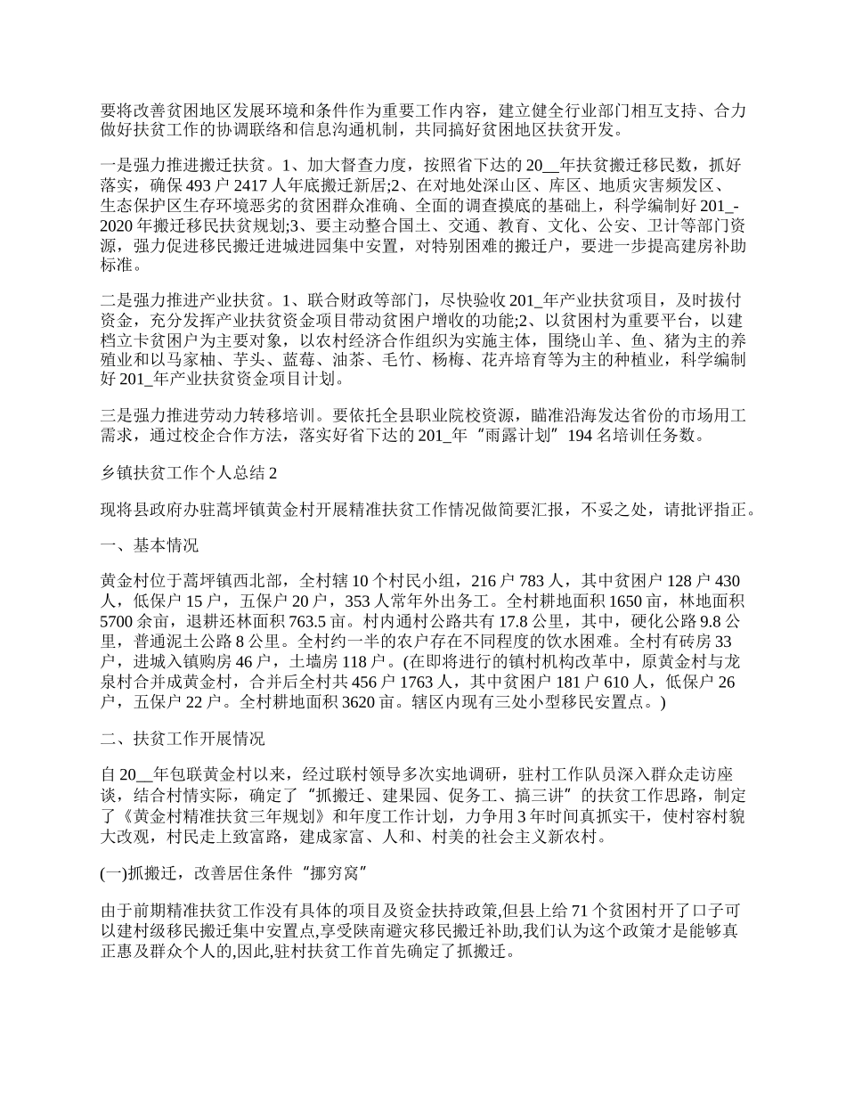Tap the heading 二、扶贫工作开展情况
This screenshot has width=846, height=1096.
click(183, 740)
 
